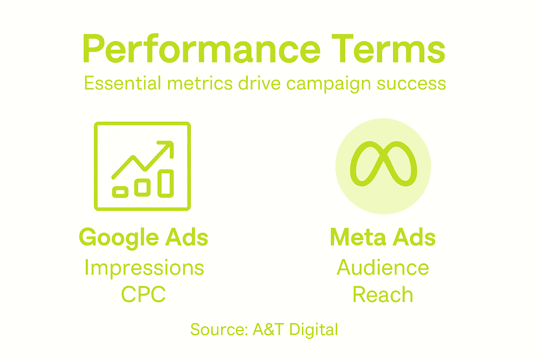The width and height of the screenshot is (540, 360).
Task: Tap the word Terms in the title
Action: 388,49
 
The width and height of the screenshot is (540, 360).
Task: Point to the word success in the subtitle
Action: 411,84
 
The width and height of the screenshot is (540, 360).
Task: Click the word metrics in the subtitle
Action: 200,84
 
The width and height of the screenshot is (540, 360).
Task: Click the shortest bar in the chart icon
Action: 120,192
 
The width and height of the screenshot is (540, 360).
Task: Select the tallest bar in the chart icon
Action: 166,183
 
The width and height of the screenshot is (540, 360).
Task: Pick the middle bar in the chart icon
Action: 142,187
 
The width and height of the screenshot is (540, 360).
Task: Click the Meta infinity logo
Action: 383,164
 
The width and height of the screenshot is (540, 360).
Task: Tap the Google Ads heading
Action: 143,237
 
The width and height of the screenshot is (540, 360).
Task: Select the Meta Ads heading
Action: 383,237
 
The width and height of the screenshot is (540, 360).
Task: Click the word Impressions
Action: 144,268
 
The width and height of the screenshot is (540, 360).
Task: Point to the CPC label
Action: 143,295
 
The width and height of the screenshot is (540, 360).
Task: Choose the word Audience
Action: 383,268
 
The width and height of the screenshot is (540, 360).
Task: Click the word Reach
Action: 383,295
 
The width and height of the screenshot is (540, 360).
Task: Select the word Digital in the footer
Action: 314,330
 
